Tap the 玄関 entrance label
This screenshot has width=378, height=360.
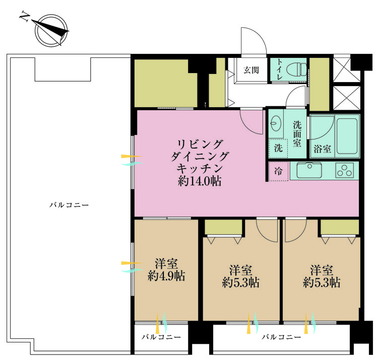251,70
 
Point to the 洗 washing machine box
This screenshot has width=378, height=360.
278,148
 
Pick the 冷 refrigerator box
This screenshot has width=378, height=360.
278,171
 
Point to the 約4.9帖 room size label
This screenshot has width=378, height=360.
166,276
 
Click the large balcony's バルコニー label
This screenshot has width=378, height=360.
69,205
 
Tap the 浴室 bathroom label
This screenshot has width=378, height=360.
322,149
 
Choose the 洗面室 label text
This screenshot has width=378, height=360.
297,133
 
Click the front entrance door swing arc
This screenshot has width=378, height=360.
253,40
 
